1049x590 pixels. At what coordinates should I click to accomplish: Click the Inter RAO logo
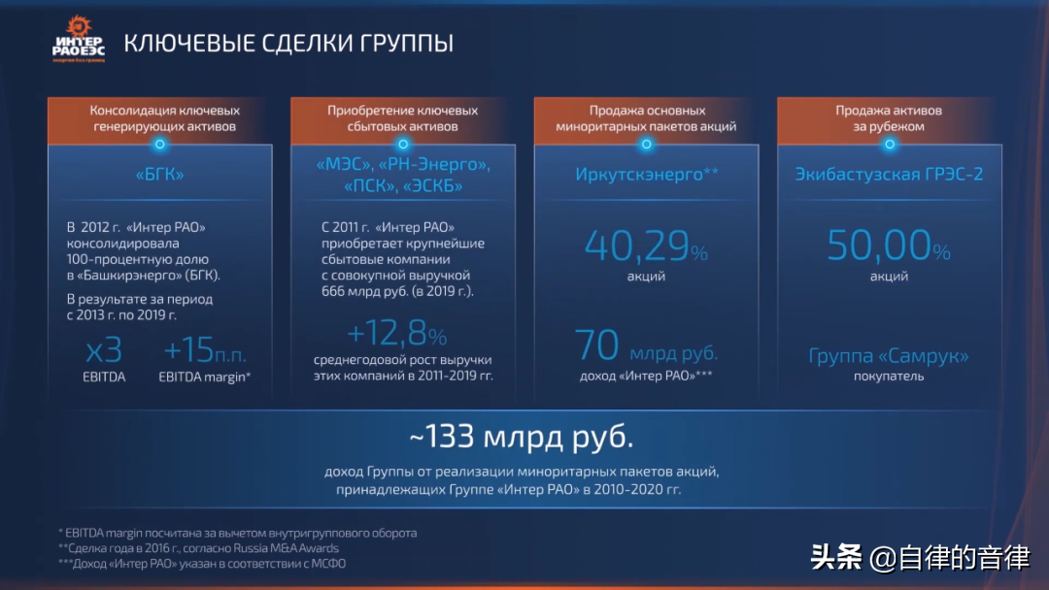(x=79, y=40)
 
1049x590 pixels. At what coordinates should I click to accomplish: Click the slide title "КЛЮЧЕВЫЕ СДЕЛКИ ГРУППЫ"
(x=288, y=44)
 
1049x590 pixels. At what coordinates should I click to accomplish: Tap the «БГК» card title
(x=160, y=175)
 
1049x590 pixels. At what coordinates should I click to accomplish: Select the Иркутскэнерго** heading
(x=647, y=175)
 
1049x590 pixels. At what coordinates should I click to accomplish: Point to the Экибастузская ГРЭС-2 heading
(x=889, y=175)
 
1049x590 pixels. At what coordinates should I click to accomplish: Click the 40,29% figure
(x=646, y=246)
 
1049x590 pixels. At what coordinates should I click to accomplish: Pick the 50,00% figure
(x=889, y=246)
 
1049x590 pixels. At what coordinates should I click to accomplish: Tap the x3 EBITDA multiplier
(x=104, y=350)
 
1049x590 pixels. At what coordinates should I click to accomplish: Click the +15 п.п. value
(x=205, y=350)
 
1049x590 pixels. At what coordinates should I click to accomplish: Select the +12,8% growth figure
(x=396, y=333)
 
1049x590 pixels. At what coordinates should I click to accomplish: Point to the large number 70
(x=596, y=344)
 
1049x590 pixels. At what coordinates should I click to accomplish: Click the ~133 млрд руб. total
(x=522, y=437)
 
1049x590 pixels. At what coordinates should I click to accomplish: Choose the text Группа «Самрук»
(x=889, y=355)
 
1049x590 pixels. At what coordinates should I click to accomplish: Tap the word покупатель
(x=889, y=377)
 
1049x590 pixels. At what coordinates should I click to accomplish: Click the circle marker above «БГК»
(x=160, y=145)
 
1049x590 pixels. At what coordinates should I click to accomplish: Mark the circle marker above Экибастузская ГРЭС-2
(x=890, y=145)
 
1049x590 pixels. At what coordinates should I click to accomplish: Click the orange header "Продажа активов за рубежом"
(x=889, y=118)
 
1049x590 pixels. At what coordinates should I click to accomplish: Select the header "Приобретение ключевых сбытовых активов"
(x=403, y=118)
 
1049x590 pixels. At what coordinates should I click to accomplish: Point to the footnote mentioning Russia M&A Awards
(x=198, y=548)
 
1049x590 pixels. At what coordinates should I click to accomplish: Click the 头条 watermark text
(x=836, y=557)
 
